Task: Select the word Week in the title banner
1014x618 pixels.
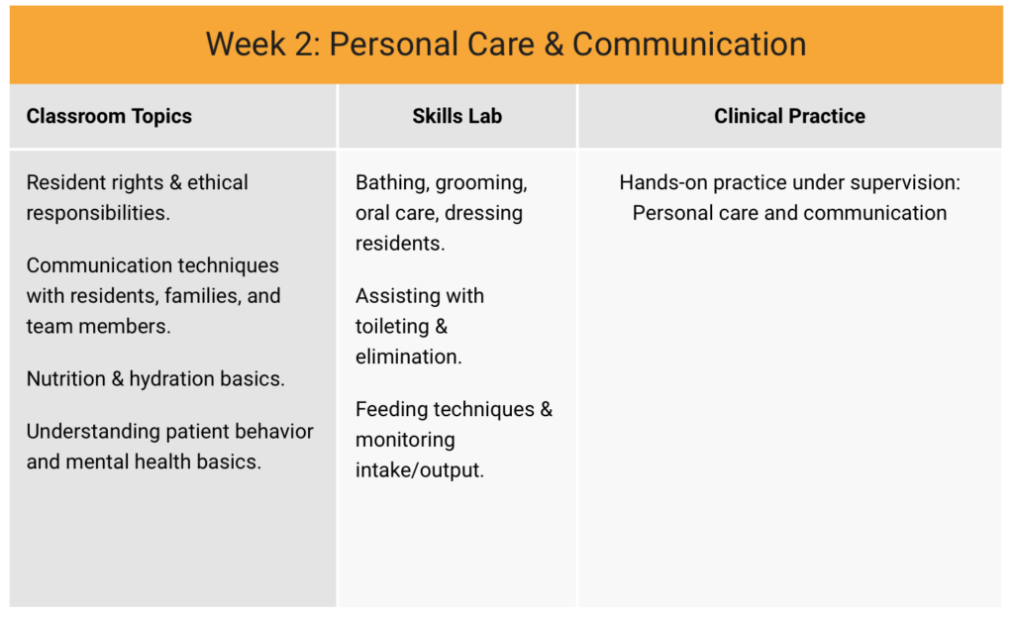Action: (247, 45)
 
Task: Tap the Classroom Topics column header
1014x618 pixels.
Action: (109, 116)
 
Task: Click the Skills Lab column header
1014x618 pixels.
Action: (457, 116)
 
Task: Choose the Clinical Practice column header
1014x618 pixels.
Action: (789, 116)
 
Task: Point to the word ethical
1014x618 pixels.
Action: (217, 182)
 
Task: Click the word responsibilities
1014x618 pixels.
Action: (98, 213)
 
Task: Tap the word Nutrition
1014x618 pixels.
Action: (66, 378)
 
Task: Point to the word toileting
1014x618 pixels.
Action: (392, 327)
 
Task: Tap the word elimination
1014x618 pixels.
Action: (409, 357)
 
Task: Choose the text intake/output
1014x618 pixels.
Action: (420, 470)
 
